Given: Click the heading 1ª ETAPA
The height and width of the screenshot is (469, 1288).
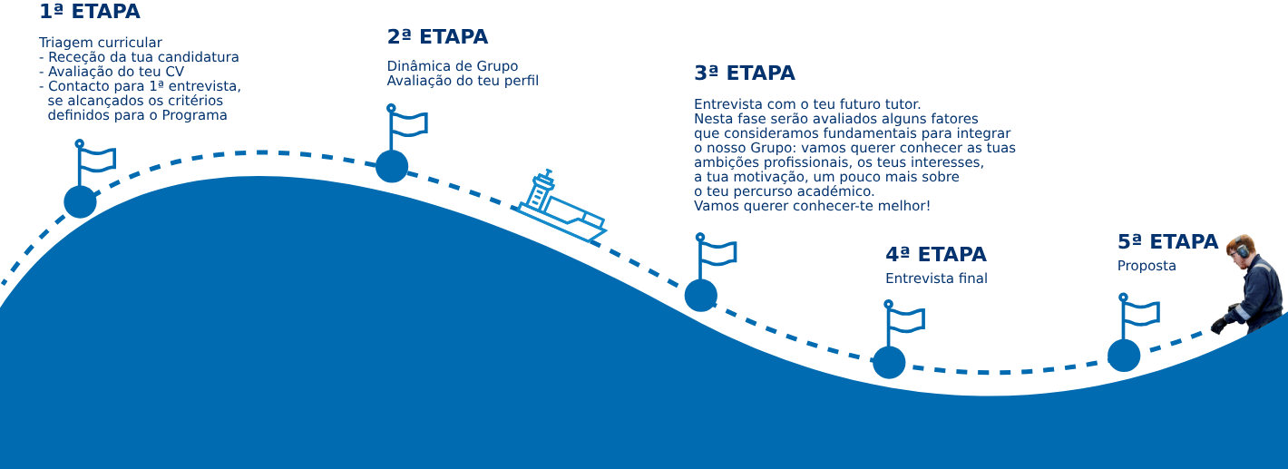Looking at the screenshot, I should pyautogui.click(x=90, y=13).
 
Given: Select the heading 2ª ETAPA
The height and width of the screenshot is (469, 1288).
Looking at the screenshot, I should pyautogui.click(x=437, y=37).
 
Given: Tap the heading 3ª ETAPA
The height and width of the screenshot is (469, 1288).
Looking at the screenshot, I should pyautogui.click(x=744, y=73).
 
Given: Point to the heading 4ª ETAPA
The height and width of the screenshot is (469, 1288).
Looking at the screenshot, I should pyautogui.click(x=935, y=255).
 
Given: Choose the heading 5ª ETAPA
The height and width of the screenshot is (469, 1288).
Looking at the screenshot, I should pyautogui.click(x=1167, y=242).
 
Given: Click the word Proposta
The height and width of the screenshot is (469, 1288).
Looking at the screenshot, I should pyautogui.click(x=1147, y=267).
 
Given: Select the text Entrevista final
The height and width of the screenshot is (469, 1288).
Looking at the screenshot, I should pyautogui.click(x=936, y=278).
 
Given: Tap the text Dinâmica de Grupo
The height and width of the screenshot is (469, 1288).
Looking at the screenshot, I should pyautogui.click(x=453, y=66).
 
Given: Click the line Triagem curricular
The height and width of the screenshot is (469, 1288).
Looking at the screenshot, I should pyautogui.click(x=101, y=43).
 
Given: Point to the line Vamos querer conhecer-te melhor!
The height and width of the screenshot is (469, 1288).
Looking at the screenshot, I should pyautogui.click(x=812, y=206).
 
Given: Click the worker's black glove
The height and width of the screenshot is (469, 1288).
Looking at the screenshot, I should pyautogui.click(x=1218, y=325).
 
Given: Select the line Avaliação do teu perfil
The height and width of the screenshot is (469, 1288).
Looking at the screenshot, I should pyautogui.click(x=463, y=81).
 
